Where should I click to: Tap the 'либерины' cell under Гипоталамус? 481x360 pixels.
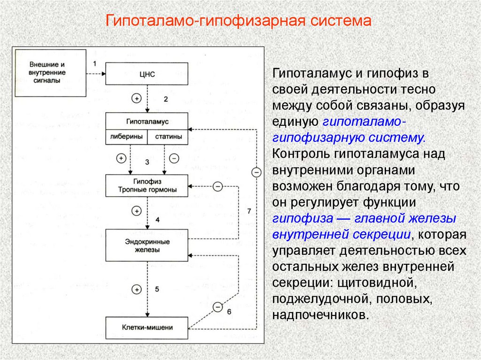coord(126,138)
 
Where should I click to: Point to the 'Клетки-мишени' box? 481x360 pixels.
coord(147,328)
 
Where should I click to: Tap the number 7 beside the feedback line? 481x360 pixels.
coord(249,211)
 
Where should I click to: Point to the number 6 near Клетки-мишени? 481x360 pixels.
coord(229,312)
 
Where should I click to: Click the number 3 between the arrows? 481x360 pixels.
coord(147,162)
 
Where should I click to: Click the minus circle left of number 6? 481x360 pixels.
coord(217,307)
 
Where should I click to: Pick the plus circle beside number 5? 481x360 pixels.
coord(137,289)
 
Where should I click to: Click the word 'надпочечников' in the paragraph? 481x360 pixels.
coord(318,314)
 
